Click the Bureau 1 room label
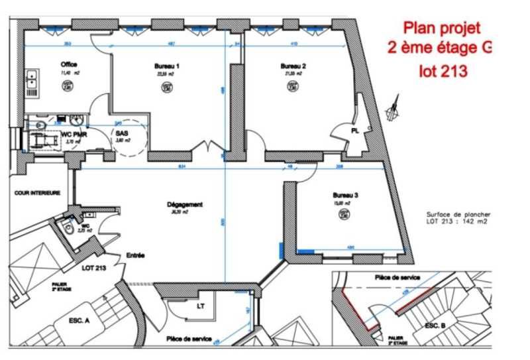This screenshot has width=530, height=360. point(166,66)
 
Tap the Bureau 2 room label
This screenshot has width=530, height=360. point(293,66)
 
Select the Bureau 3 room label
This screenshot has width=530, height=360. point(346,196)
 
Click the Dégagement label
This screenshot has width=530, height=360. point(185,205)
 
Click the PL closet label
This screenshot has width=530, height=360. point(355,131)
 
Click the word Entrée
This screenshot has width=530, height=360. point(136,255)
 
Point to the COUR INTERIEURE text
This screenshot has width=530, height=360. point(37,193)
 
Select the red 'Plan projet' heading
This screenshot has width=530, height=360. point(442,29)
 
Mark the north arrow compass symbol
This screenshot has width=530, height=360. point(396,107)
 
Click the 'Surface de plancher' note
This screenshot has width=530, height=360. point(458,215)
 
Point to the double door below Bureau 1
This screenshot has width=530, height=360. point(207,147)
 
